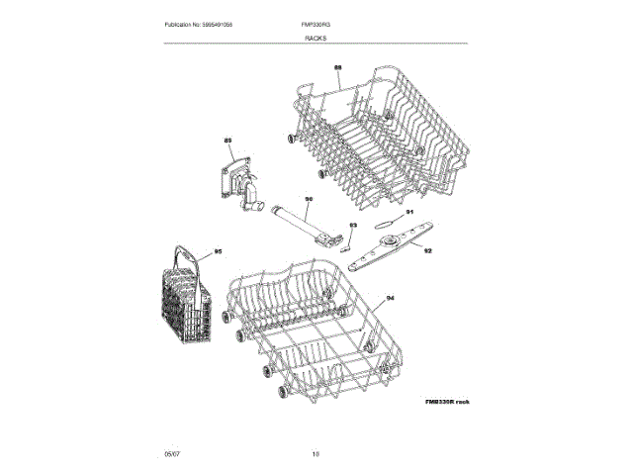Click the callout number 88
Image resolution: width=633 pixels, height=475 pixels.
coord(337,67)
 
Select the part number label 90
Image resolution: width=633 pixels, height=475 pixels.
coord(309,199)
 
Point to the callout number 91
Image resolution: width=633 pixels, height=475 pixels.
coord(409,211)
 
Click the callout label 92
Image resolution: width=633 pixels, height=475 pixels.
coord(427,251)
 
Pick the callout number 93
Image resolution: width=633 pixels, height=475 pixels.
coord(353,227)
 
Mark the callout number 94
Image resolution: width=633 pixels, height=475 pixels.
coord(390,298)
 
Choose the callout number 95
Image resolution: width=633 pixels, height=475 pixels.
coord(219,252)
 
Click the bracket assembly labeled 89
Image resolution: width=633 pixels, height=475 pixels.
coord(240,187)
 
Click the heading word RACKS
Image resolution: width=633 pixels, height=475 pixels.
coord(316,37)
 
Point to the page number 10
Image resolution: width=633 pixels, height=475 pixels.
coord(316,453)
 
